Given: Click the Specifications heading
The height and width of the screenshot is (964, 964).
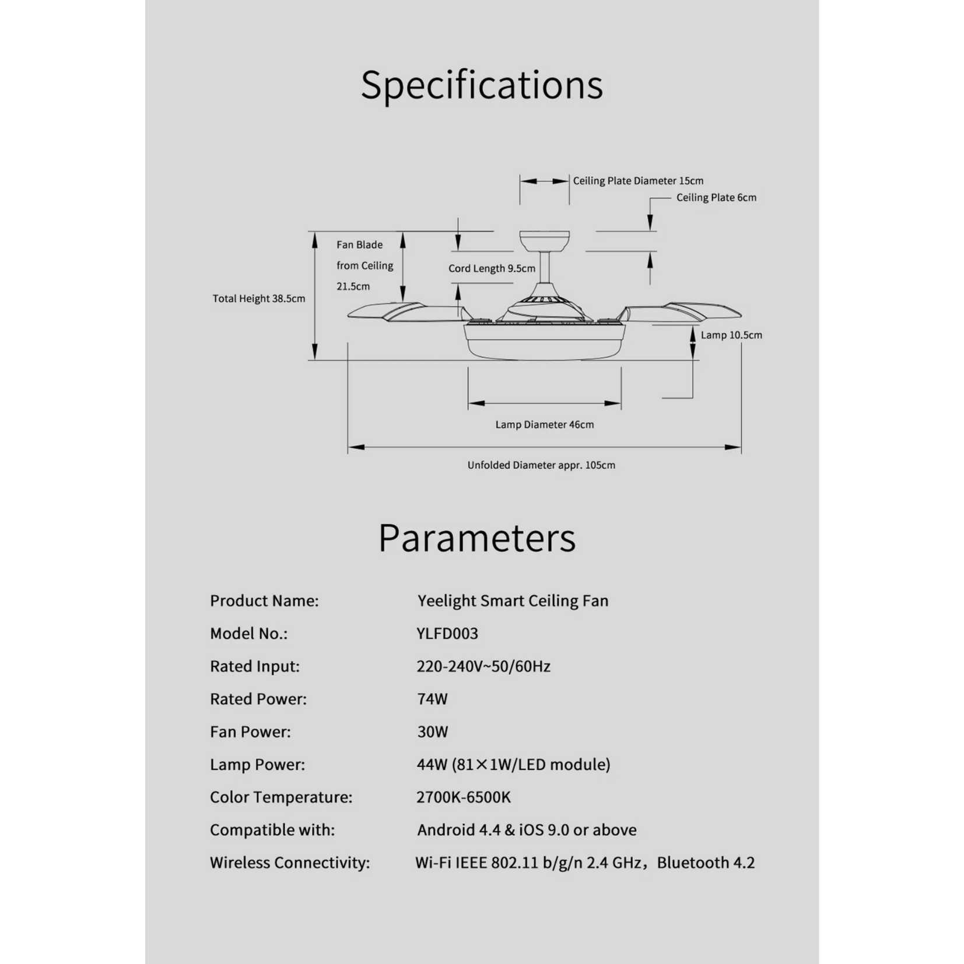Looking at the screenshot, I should point(482,85).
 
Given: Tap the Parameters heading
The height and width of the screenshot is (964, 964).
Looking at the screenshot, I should point(477,537).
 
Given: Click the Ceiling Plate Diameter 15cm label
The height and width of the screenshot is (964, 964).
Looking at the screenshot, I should point(638,181).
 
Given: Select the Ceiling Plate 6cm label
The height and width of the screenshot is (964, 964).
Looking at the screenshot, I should point(716,198).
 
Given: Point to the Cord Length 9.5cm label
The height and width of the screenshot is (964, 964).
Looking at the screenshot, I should point(492,268).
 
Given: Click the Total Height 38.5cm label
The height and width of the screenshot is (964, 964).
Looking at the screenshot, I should point(258,299).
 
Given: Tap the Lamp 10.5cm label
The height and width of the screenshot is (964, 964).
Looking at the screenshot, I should point(731,335).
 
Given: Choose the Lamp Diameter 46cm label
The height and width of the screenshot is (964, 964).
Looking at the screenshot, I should point(545,425).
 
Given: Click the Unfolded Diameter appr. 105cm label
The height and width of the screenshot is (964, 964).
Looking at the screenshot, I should point(541,465).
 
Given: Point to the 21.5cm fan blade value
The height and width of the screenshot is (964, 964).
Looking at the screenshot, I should point(353,286).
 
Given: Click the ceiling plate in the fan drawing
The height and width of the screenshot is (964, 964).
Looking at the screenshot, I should point(544,240).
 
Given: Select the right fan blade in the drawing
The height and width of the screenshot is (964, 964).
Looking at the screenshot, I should point(682,311).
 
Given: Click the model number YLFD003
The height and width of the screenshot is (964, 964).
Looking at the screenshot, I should point(447,633).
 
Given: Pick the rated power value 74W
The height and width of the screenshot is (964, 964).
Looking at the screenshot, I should point(432,699).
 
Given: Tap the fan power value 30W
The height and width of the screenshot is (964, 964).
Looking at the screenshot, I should point(432,731).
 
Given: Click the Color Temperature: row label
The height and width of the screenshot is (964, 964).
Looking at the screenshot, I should point(281,797).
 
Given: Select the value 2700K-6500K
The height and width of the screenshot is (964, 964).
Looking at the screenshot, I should point(463,797).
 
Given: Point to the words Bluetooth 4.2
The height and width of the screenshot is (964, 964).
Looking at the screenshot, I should point(706,863).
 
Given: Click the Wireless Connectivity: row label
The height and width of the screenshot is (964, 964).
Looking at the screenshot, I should point(290,863).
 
